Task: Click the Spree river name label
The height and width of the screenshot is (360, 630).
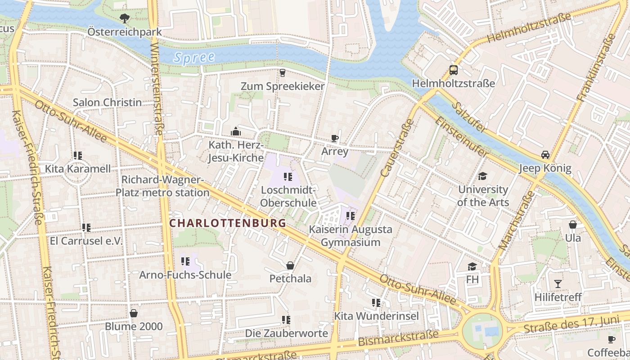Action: click(194, 58)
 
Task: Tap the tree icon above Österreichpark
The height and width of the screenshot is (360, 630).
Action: click(124, 18)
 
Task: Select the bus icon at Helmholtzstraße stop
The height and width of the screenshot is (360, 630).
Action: click(453, 70)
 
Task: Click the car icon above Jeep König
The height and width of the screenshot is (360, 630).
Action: click(545, 155)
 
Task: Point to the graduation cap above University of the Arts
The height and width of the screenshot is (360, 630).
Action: click(482, 176)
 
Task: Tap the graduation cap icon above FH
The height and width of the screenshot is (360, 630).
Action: click(472, 266)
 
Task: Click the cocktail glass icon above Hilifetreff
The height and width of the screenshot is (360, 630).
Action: click(558, 283)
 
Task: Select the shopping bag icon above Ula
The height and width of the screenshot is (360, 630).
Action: click(573, 224)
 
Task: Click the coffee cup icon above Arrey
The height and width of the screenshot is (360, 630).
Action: click(334, 138)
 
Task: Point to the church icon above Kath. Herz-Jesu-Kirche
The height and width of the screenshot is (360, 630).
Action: click(235, 131)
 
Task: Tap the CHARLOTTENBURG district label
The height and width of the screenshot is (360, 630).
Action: click(228, 223)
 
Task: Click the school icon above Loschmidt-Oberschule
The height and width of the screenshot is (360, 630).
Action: click(288, 177)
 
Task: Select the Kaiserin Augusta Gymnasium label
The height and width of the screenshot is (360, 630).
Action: click(350, 236)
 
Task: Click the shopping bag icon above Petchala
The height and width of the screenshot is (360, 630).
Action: click(290, 265)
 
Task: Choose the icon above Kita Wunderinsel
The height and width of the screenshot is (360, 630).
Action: click(376, 303)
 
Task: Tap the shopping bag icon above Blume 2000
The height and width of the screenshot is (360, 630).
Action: click(134, 313)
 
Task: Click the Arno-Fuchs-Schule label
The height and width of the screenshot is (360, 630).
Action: click(185, 275)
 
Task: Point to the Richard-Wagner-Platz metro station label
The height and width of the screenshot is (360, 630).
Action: click(162, 186)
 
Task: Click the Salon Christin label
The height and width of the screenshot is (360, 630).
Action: click(107, 103)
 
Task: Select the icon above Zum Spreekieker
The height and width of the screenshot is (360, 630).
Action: click(283, 72)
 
